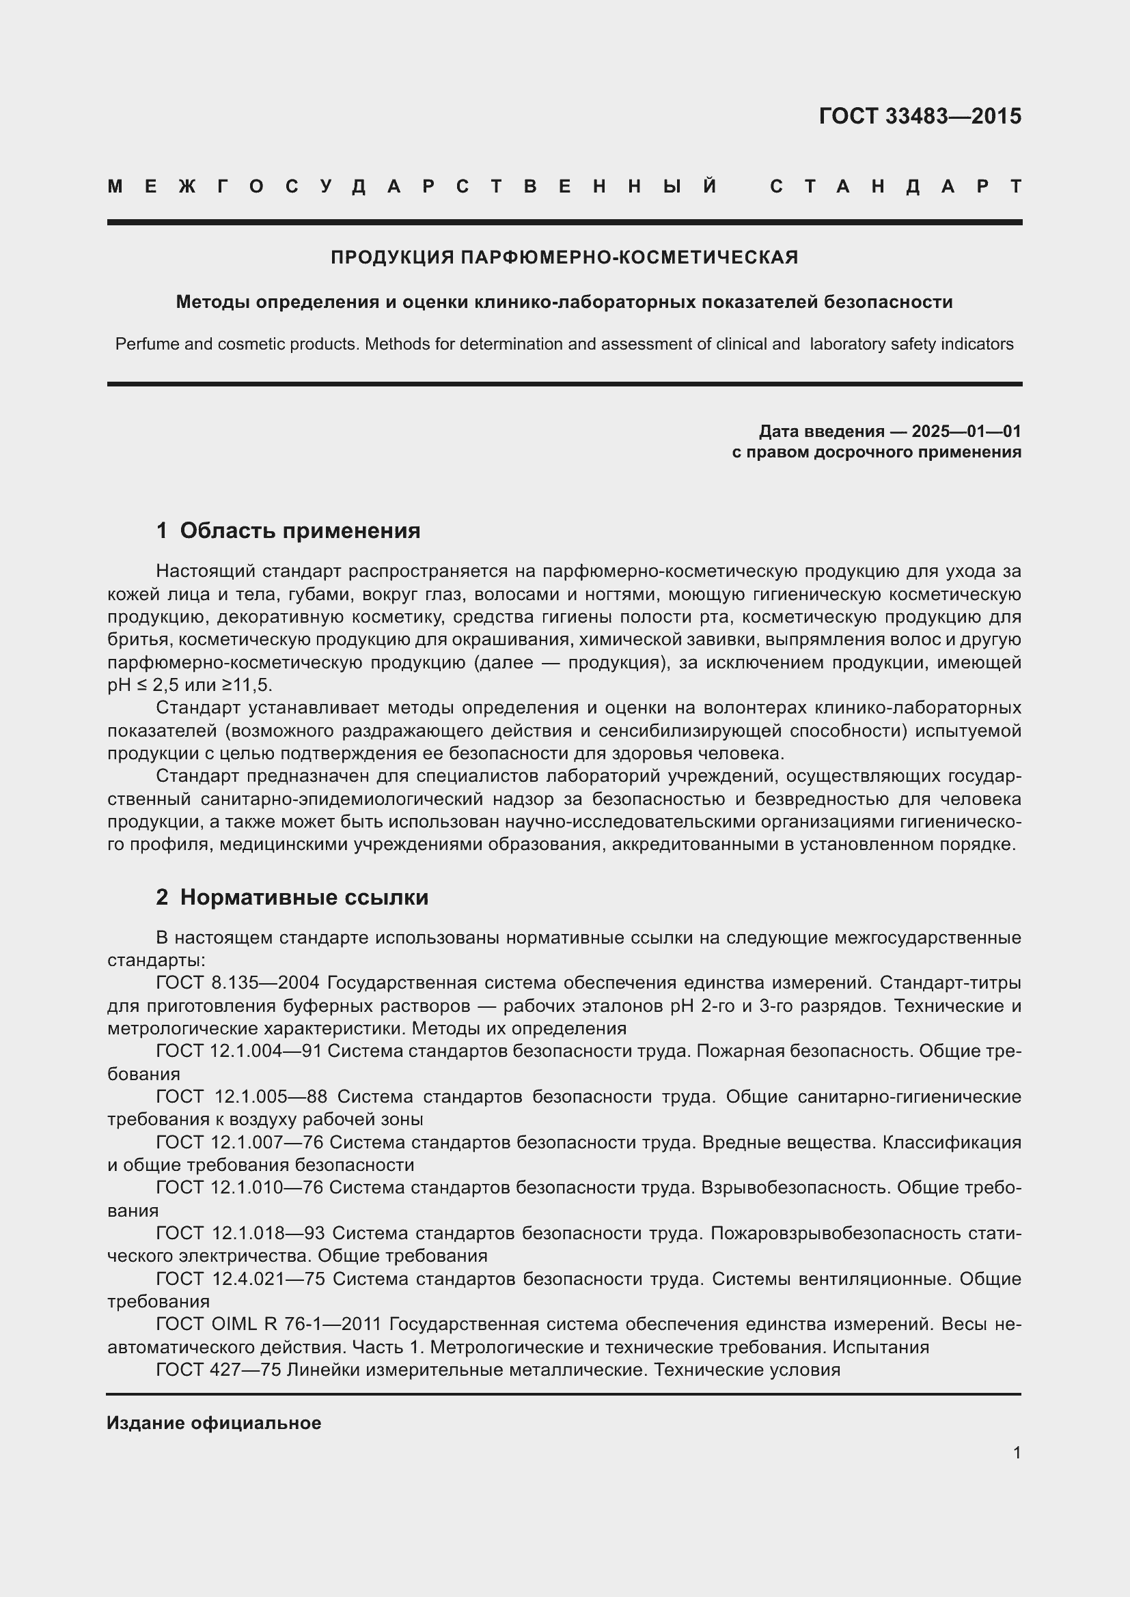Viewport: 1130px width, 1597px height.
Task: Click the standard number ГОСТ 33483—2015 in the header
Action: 919,116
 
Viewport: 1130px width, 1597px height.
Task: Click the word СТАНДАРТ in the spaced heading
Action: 896,186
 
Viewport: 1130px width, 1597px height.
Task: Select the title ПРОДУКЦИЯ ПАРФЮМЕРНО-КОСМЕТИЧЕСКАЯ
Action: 564,258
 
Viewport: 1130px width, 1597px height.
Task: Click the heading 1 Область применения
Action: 288,531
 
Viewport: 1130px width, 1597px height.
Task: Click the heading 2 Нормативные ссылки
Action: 292,897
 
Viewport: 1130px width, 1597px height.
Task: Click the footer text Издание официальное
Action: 214,1423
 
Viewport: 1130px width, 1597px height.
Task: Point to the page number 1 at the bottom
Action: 1017,1452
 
